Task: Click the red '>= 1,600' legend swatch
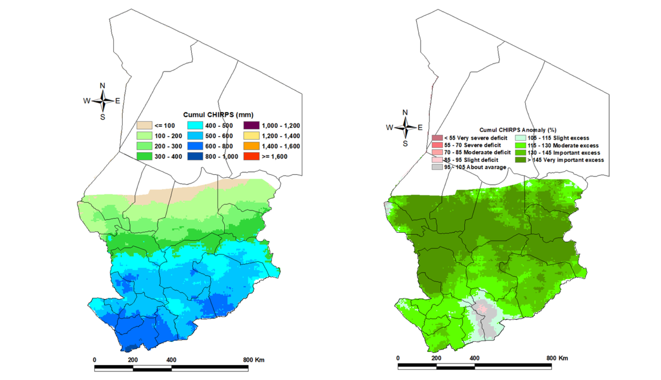pos(251,157)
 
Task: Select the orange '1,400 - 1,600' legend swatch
pos(251,146)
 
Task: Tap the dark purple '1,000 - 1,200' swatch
pos(251,126)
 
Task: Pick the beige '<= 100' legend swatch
pos(145,126)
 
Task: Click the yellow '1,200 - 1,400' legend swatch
pos(251,136)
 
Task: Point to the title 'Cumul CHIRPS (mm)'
pos(218,115)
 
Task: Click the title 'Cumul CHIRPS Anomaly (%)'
pos(518,130)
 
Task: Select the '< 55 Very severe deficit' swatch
pos(437,138)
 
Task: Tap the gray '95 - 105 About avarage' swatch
pos(437,167)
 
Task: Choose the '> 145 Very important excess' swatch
pos(521,160)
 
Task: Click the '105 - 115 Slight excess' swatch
pos(521,138)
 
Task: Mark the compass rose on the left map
pos(103,101)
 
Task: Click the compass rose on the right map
pos(405,128)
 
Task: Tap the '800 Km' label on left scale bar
pos(254,360)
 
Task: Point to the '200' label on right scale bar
pos(436,358)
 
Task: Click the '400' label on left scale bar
pos(171,360)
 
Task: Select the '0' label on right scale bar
pos(398,358)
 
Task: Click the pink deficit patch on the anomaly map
pos(482,310)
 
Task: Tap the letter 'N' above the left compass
pos(102,86)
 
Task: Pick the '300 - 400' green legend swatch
pos(145,157)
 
